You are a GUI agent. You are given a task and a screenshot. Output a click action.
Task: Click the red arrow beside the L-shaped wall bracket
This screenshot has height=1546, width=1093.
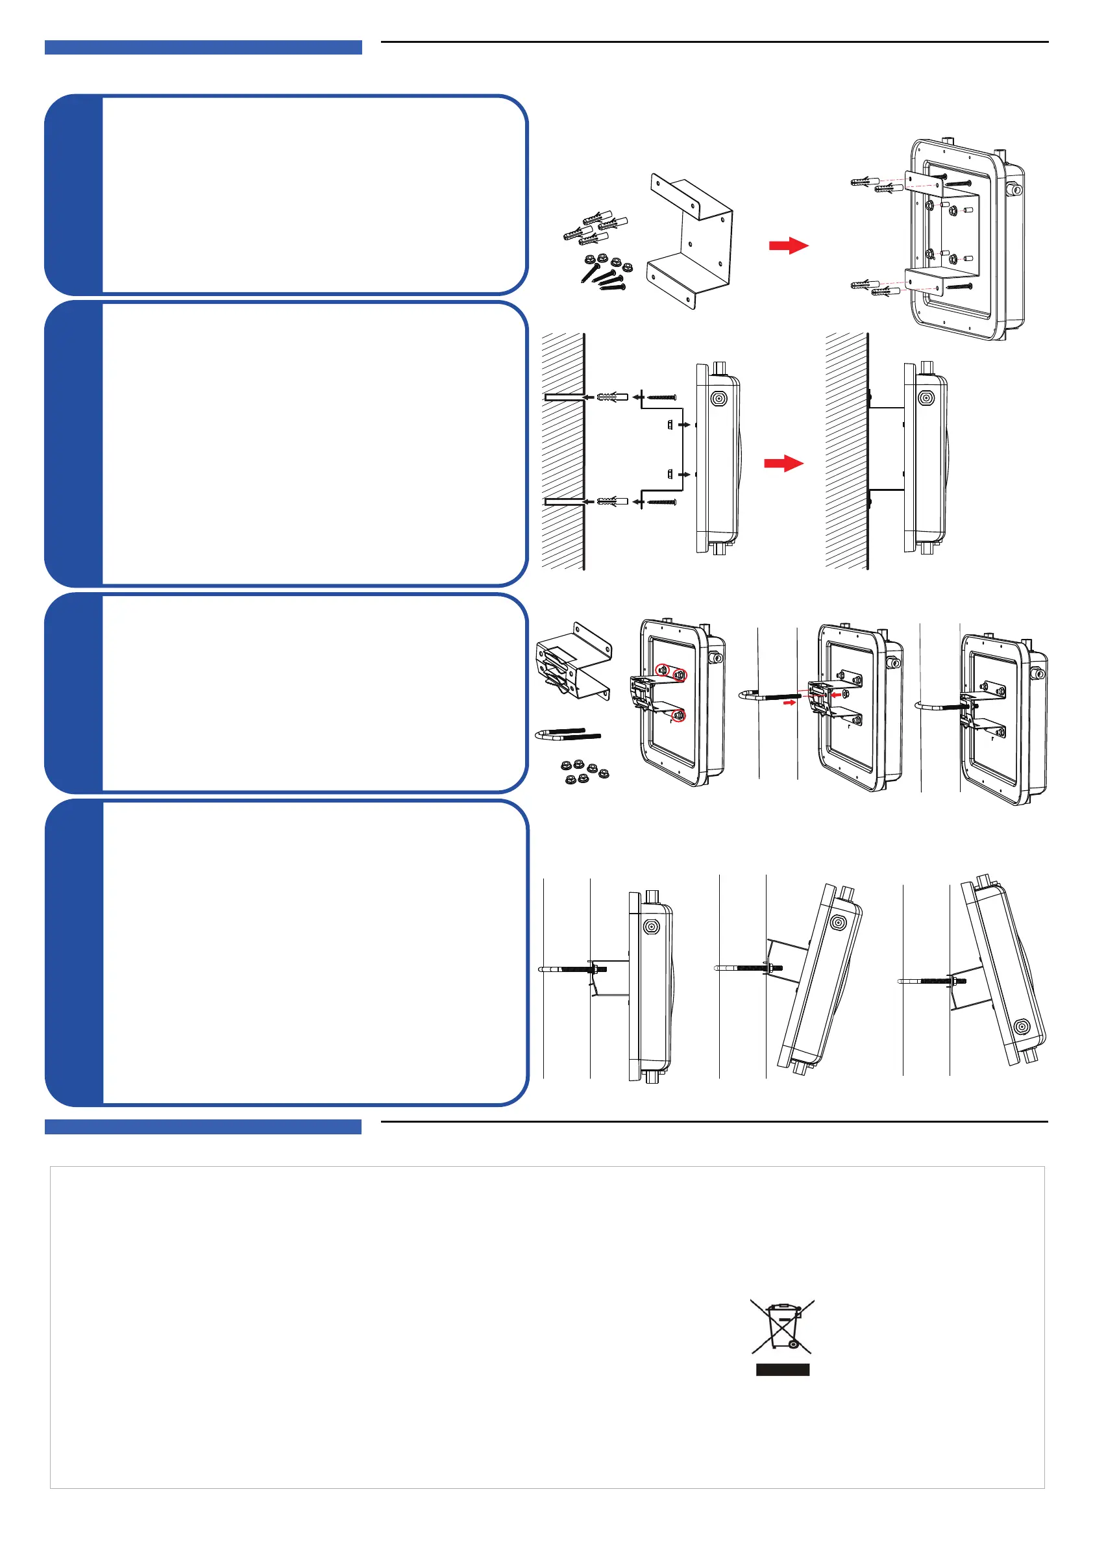(788, 246)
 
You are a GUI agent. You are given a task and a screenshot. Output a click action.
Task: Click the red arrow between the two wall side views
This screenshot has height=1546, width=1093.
(783, 463)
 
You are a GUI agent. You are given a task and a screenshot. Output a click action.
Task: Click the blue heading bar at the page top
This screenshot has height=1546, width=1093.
(203, 47)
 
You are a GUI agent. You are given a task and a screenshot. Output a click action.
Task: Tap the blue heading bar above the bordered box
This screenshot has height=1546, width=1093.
(203, 1127)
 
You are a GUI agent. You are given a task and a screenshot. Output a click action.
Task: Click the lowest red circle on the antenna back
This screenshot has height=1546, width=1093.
(678, 716)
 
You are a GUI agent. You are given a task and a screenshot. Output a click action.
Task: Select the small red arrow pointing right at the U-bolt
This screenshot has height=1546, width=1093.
(789, 703)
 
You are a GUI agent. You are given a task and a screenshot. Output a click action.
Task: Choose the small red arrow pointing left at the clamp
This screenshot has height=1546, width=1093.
(836, 694)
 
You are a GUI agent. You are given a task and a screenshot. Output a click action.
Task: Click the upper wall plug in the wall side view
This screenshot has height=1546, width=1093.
(612, 397)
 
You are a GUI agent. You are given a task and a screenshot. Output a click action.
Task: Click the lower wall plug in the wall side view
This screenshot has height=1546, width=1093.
(612, 502)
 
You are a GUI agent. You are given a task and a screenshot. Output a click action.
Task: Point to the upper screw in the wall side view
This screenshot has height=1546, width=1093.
(661, 397)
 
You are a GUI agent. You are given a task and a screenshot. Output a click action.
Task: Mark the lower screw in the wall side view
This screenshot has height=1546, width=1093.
(661, 502)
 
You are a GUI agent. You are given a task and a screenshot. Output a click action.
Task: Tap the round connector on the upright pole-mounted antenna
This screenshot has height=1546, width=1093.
(651, 927)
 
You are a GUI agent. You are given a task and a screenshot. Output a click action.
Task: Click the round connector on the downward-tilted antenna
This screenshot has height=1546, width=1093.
(838, 923)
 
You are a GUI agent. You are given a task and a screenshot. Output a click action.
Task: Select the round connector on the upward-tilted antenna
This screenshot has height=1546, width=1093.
(1022, 1027)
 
